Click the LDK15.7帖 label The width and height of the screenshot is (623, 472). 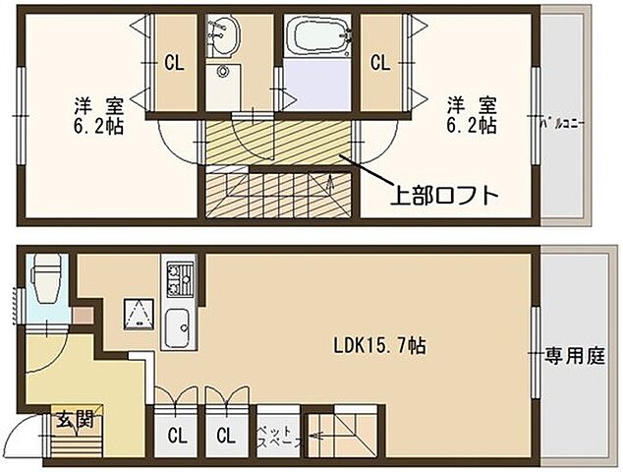[x=379, y=346]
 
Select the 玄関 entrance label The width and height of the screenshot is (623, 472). [x=74, y=420]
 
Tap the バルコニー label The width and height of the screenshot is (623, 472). [x=563, y=125]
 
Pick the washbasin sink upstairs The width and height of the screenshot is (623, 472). [x=225, y=38]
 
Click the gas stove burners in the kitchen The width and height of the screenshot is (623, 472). [x=180, y=278]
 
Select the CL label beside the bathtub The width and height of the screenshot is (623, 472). [x=379, y=63]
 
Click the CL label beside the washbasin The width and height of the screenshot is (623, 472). [x=174, y=63]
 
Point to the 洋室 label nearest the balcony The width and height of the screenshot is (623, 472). [x=469, y=104]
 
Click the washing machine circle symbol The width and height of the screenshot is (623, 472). [x=224, y=75]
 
